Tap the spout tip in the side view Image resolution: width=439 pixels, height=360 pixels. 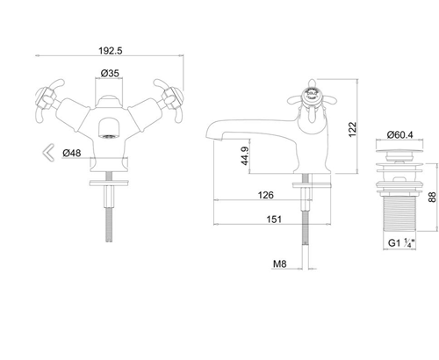[210, 140]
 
